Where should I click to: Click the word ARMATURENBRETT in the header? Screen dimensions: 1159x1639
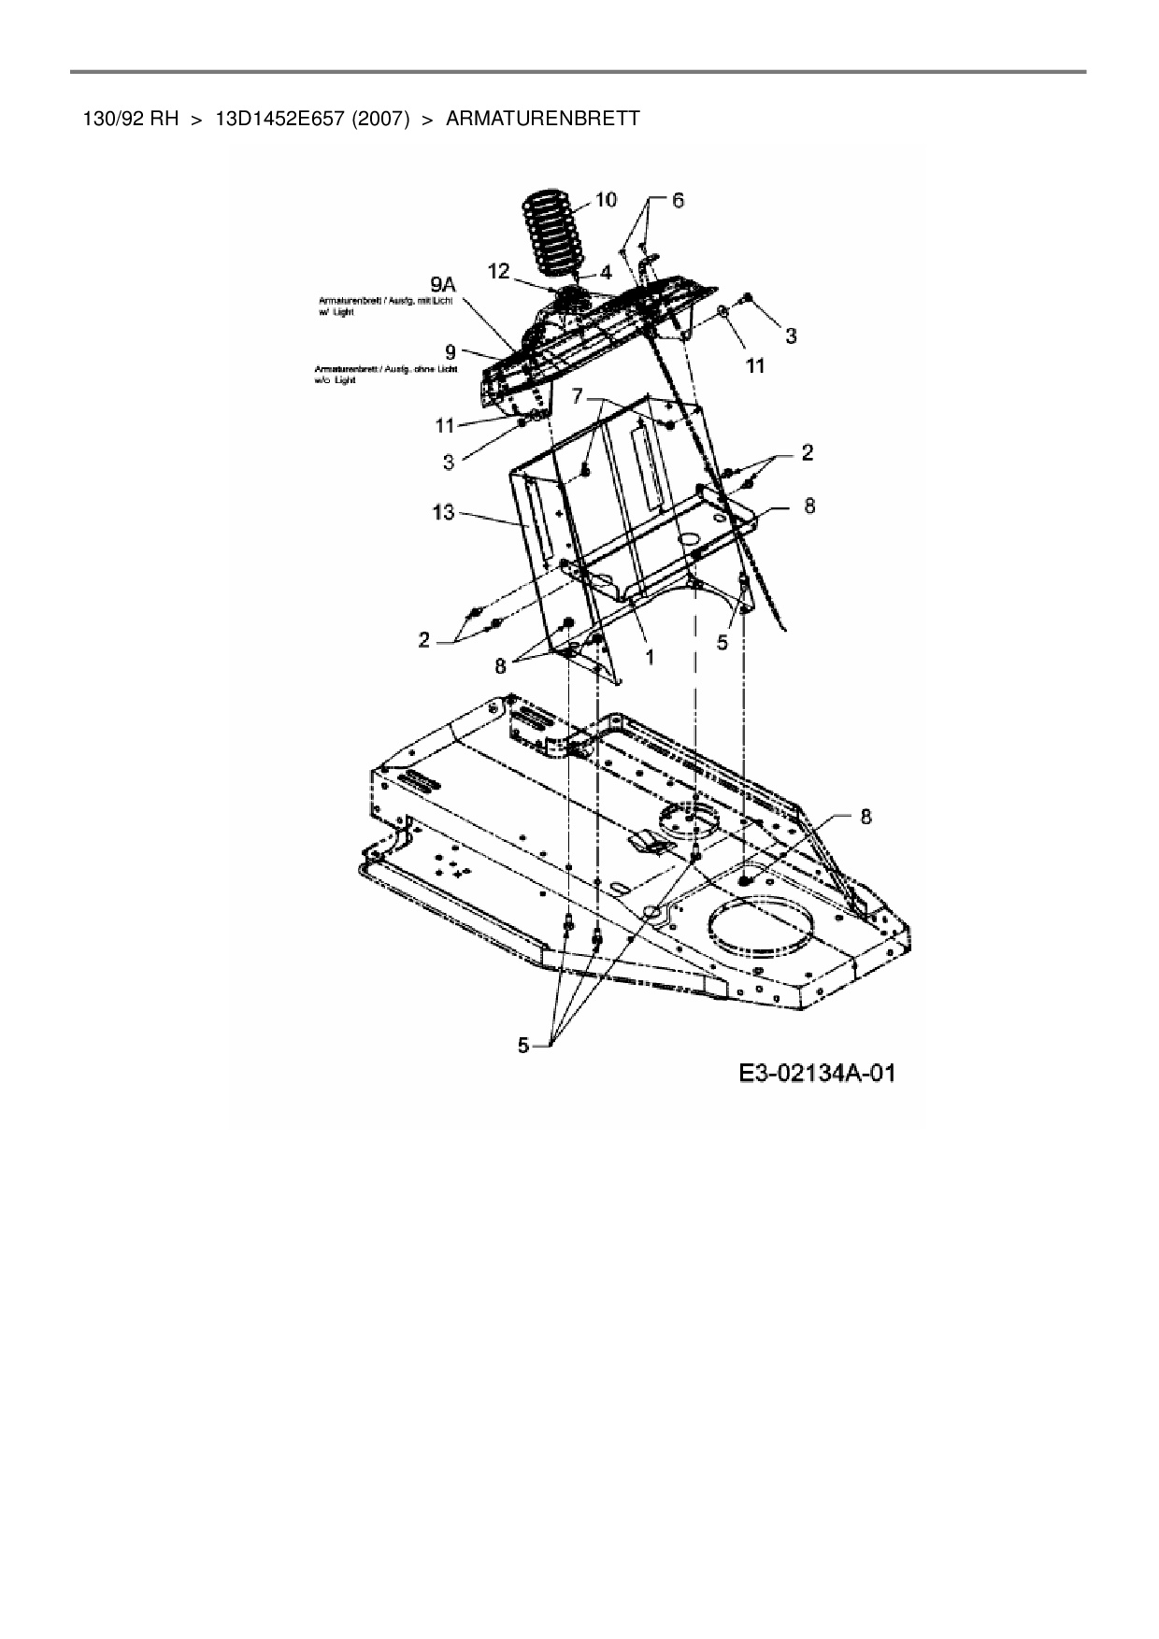(543, 119)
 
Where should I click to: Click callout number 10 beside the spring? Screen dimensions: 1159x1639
(606, 199)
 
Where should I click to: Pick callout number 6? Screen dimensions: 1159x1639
(678, 200)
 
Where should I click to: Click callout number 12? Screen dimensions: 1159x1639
(498, 271)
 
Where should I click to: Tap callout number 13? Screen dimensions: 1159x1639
(443, 511)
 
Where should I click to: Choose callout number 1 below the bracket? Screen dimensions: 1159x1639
(650, 657)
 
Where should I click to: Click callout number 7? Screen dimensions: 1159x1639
(578, 397)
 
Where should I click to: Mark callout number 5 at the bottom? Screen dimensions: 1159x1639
(523, 1046)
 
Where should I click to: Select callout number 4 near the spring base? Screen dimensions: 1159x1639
(605, 273)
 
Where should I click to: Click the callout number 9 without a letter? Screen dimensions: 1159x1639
(451, 352)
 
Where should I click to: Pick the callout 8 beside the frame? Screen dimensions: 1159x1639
(866, 816)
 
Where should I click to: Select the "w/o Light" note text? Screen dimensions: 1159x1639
(336, 380)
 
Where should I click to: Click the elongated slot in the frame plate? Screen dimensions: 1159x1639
(621, 885)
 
